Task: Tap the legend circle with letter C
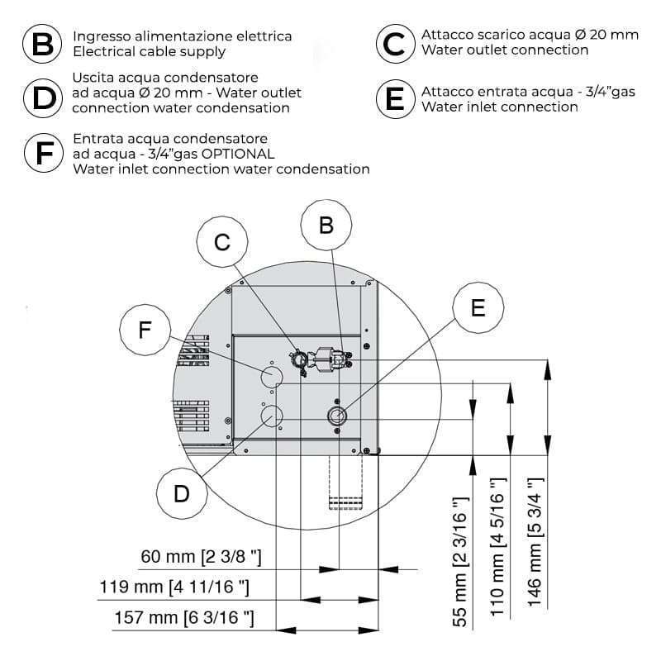point(396,43)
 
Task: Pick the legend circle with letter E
point(396,98)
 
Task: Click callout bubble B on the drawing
point(326,225)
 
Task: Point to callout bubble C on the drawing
point(221,242)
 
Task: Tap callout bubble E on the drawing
point(478,307)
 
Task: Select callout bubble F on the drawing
point(145,330)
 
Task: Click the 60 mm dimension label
point(202,558)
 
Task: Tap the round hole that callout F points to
point(272,377)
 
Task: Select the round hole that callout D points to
point(272,416)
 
